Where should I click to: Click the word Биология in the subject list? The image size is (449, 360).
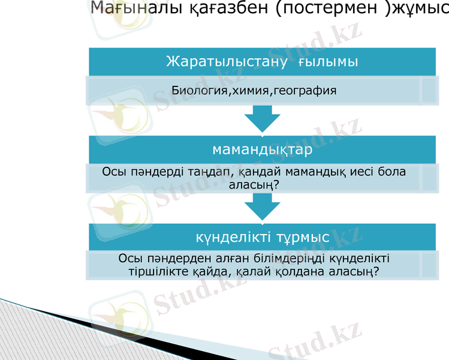pos(197,91)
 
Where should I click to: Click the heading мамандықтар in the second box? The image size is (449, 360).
pos(262,149)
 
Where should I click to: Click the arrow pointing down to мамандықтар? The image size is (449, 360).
pos(262,119)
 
